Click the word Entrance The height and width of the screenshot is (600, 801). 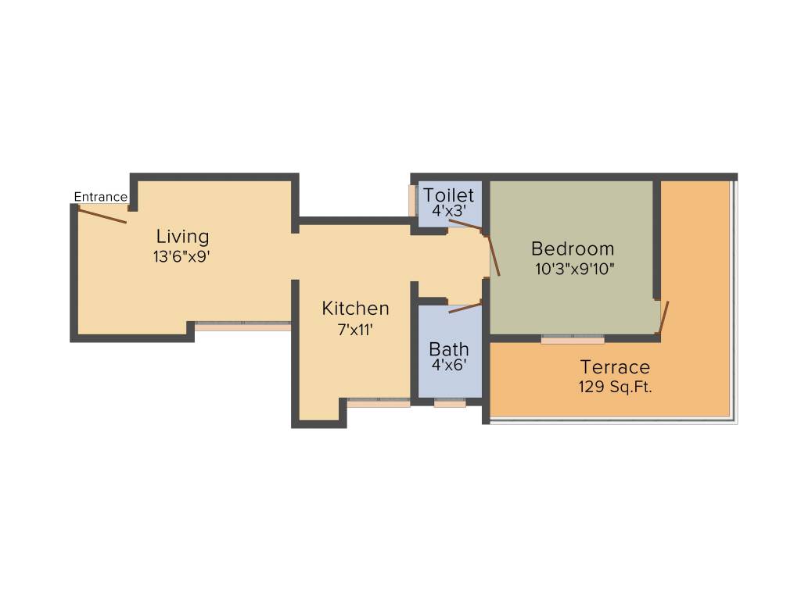100,197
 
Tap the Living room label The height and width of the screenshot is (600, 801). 182,236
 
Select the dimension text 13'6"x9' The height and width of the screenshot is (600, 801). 182,256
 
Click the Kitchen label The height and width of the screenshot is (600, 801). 355,309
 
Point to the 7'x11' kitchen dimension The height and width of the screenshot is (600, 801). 355,330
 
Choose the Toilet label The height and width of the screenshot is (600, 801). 448,195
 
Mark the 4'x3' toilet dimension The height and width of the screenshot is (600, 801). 448,210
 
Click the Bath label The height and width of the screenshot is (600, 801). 449,348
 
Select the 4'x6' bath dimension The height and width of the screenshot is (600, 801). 449,365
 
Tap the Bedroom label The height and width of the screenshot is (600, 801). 573,249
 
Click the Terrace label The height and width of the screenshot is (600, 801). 615,366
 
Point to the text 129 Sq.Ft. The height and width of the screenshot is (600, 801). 615,387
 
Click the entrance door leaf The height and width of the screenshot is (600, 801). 101,213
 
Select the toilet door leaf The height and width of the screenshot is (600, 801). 466,225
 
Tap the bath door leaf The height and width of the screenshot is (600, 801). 465,307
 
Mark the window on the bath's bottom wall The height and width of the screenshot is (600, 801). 450,404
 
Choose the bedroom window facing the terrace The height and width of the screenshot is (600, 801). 573,339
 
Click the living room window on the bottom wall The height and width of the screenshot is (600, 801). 242,325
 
